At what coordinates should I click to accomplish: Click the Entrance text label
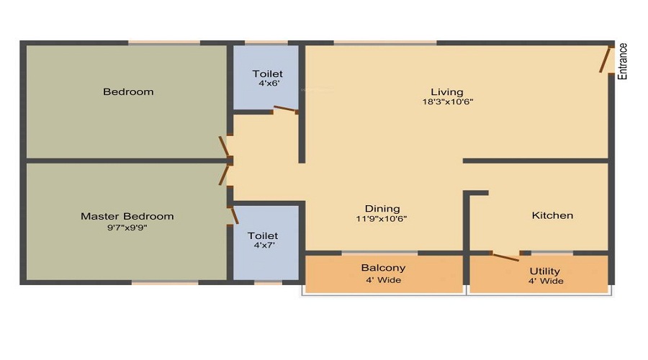tap(624, 61)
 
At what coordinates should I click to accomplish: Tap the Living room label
tap(447, 91)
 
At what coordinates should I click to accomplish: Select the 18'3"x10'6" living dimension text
tap(447, 102)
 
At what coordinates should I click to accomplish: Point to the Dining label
tap(382, 209)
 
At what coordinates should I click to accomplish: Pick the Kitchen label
tap(552, 215)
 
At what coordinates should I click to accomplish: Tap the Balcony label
tap(383, 269)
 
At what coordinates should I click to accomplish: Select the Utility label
tap(545, 271)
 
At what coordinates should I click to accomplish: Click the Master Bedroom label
tap(127, 216)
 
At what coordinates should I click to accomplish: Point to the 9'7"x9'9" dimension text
tap(127, 227)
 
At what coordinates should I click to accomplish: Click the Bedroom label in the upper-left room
tap(128, 91)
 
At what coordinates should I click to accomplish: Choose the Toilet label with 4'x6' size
tap(267, 74)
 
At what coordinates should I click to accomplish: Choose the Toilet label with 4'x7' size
tap(263, 235)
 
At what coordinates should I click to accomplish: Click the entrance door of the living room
tap(606, 59)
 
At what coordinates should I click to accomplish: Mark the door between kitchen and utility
tap(504, 256)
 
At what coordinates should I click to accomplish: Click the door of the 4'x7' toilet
tap(233, 214)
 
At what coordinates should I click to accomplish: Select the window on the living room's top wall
tap(384, 43)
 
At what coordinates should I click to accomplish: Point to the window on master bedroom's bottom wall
tap(165, 283)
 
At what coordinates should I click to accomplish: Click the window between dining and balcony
tap(379, 253)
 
